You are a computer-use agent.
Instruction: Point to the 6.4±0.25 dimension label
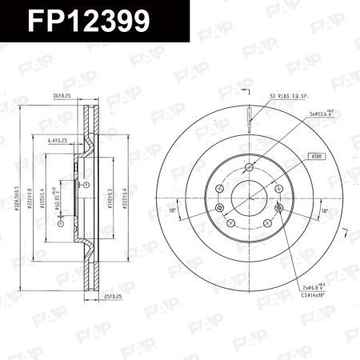point(58,140)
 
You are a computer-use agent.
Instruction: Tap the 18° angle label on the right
point(323,210)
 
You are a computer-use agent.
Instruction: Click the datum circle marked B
point(86,185)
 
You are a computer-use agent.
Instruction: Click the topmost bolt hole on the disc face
point(250,167)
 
